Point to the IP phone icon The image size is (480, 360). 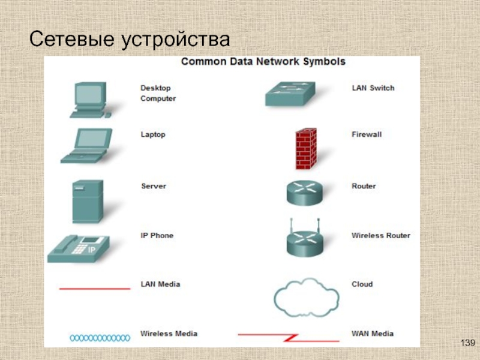78,247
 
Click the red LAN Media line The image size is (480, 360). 95,289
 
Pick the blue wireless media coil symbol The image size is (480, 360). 100,338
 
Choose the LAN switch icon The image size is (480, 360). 290,94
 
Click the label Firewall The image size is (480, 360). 366,134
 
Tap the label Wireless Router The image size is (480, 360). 380,235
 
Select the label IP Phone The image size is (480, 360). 157,235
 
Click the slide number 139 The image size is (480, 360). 467,343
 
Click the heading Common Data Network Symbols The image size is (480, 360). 263,61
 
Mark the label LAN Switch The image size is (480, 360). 373,88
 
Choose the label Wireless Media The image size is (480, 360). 169,333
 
